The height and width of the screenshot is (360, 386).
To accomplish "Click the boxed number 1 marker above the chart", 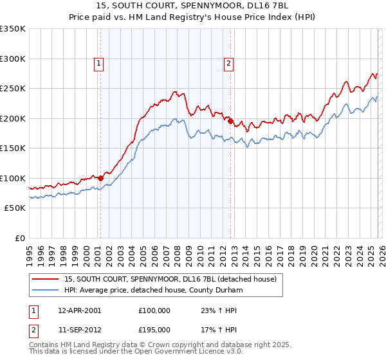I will tap(99, 63).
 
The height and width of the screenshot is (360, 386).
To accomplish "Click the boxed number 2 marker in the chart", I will tap(229, 63).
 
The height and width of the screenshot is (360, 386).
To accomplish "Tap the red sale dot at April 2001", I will tap(100, 178).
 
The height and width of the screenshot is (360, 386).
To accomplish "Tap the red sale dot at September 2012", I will tap(230, 120).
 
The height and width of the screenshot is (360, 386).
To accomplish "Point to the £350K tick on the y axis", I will tap(13, 29).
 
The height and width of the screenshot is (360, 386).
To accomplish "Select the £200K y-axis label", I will tap(13, 118).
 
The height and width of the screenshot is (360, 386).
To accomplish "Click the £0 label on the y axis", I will tap(19, 238).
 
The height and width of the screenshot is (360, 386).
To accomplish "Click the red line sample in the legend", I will tap(46, 279).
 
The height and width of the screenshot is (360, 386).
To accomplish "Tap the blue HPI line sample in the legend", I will tap(46, 290).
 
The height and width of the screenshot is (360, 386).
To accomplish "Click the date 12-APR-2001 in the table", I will tap(79, 310).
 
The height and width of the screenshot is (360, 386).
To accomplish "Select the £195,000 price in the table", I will tap(154, 329).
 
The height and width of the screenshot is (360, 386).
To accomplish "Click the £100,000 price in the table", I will tap(154, 310).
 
